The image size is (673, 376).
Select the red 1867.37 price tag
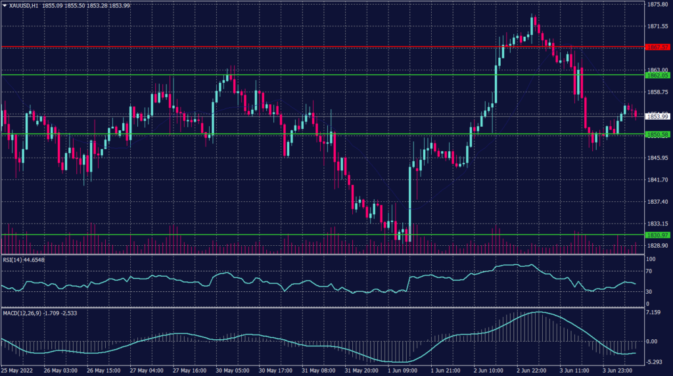pyautogui.click(x=657, y=47)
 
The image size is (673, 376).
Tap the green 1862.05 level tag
pyautogui.click(x=657, y=75)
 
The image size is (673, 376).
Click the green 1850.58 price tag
pyautogui.click(x=657, y=135)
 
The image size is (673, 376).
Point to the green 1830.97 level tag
pyautogui.click(x=657, y=235)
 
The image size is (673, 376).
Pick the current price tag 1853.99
pyautogui.click(x=657, y=116)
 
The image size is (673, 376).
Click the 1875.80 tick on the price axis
pyautogui.click(x=657, y=4)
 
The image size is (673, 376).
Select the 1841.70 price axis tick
pyautogui.click(x=657, y=179)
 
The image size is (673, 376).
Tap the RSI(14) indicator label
pyautogui.click(x=24, y=260)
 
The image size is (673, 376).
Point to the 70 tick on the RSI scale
pyautogui.click(x=649, y=271)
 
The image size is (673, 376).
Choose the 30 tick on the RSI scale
pyautogui.click(x=649, y=291)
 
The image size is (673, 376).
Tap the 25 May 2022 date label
pyautogui.click(x=18, y=371)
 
